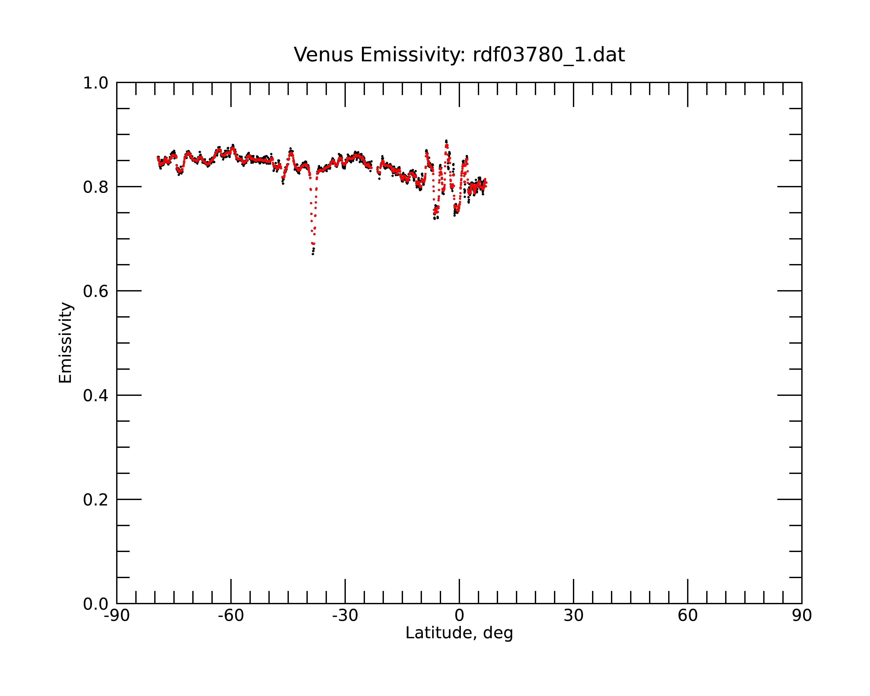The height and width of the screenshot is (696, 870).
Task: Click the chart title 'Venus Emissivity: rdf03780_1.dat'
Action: click(459, 55)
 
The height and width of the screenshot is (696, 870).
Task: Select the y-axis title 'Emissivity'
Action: click(65, 343)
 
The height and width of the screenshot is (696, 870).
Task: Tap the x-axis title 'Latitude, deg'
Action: click(459, 633)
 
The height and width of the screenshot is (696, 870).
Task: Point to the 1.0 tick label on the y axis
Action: click(96, 83)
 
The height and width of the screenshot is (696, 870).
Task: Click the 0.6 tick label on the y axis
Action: click(96, 291)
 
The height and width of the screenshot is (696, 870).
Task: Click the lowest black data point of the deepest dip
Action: click(313, 254)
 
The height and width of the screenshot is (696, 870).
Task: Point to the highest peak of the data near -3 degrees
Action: click(446, 141)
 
